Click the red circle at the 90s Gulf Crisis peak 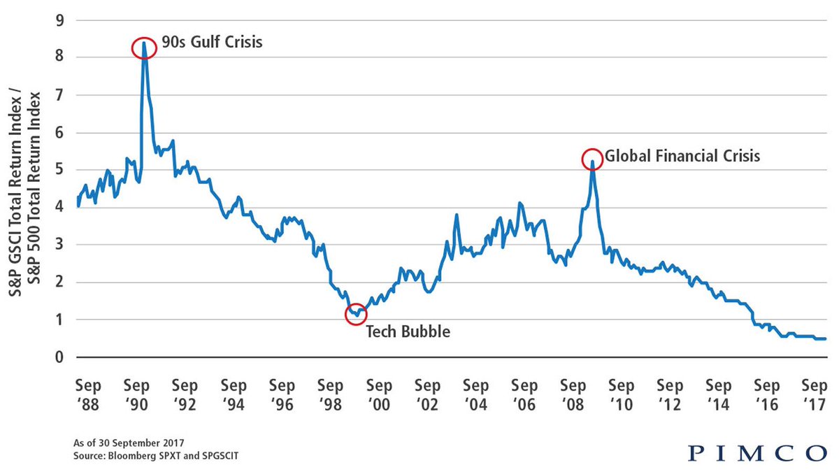point(143,48)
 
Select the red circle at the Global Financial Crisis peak point(592,159)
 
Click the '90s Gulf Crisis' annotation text point(212,43)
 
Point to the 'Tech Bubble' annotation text point(408,331)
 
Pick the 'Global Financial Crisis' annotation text point(682,156)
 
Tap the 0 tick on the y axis point(59,357)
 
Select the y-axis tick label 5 point(59,170)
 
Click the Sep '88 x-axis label point(87,394)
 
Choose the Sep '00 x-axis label point(378,394)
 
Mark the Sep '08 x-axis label point(573,394)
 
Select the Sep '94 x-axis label point(233,394)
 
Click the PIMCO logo point(756,453)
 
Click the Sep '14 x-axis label point(718,394)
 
